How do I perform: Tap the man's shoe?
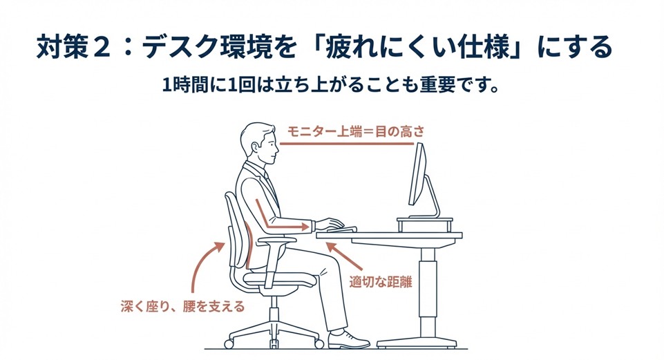[x=349, y=339]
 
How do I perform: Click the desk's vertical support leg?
[x=429, y=290]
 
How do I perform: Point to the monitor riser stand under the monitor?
[x=424, y=223]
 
